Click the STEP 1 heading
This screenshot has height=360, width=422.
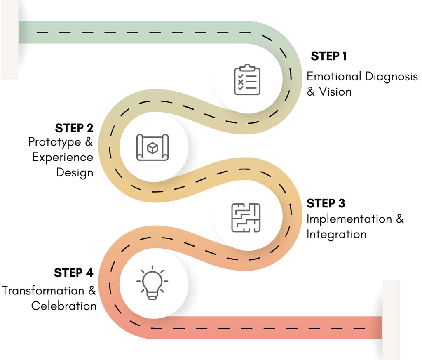(x=328, y=56)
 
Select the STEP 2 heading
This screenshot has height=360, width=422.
(x=74, y=128)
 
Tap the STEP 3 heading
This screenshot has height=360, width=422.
(x=326, y=203)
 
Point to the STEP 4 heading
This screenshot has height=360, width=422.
(x=74, y=273)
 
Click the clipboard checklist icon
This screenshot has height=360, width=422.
(x=247, y=80)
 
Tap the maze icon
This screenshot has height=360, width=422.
(x=246, y=217)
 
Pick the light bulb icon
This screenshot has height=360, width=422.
(x=152, y=282)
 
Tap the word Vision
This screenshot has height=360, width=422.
(x=335, y=92)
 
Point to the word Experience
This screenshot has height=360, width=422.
(x=63, y=157)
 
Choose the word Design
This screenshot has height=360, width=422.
(x=75, y=172)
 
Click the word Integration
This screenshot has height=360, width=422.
(x=336, y=234)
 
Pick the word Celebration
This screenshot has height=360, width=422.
(x=64, y=306)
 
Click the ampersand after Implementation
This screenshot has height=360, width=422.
(x=400, y=219)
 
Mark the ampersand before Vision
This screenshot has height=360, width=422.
(x=311, y=92)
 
